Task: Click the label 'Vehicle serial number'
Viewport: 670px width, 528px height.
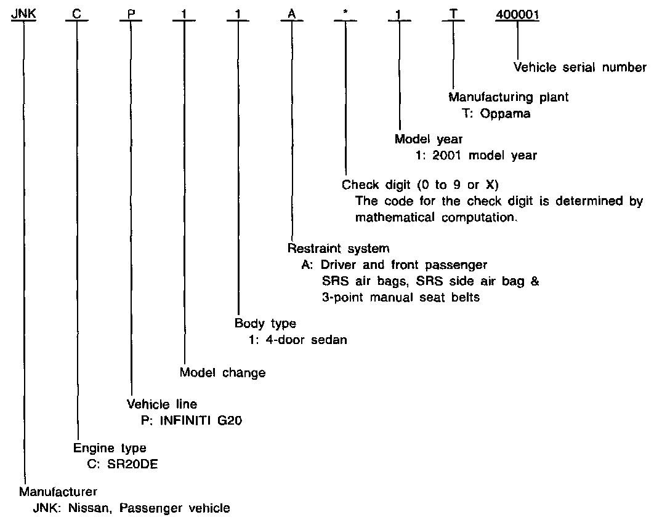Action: click(579, 67)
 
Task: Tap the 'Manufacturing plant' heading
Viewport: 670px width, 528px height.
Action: click(508, 97)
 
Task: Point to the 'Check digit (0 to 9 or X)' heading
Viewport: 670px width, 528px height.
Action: click(420, 185)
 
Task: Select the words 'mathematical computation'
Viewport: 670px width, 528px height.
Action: click(435, 217)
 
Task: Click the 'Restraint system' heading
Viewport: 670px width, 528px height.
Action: click(338, 249)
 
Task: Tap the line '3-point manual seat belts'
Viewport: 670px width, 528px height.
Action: click(400, 297)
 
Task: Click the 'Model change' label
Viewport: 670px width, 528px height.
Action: click(222, 372)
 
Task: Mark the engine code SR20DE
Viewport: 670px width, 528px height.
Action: click(130, 464)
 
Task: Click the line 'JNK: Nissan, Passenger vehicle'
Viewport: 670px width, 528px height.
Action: click(131, 508)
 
